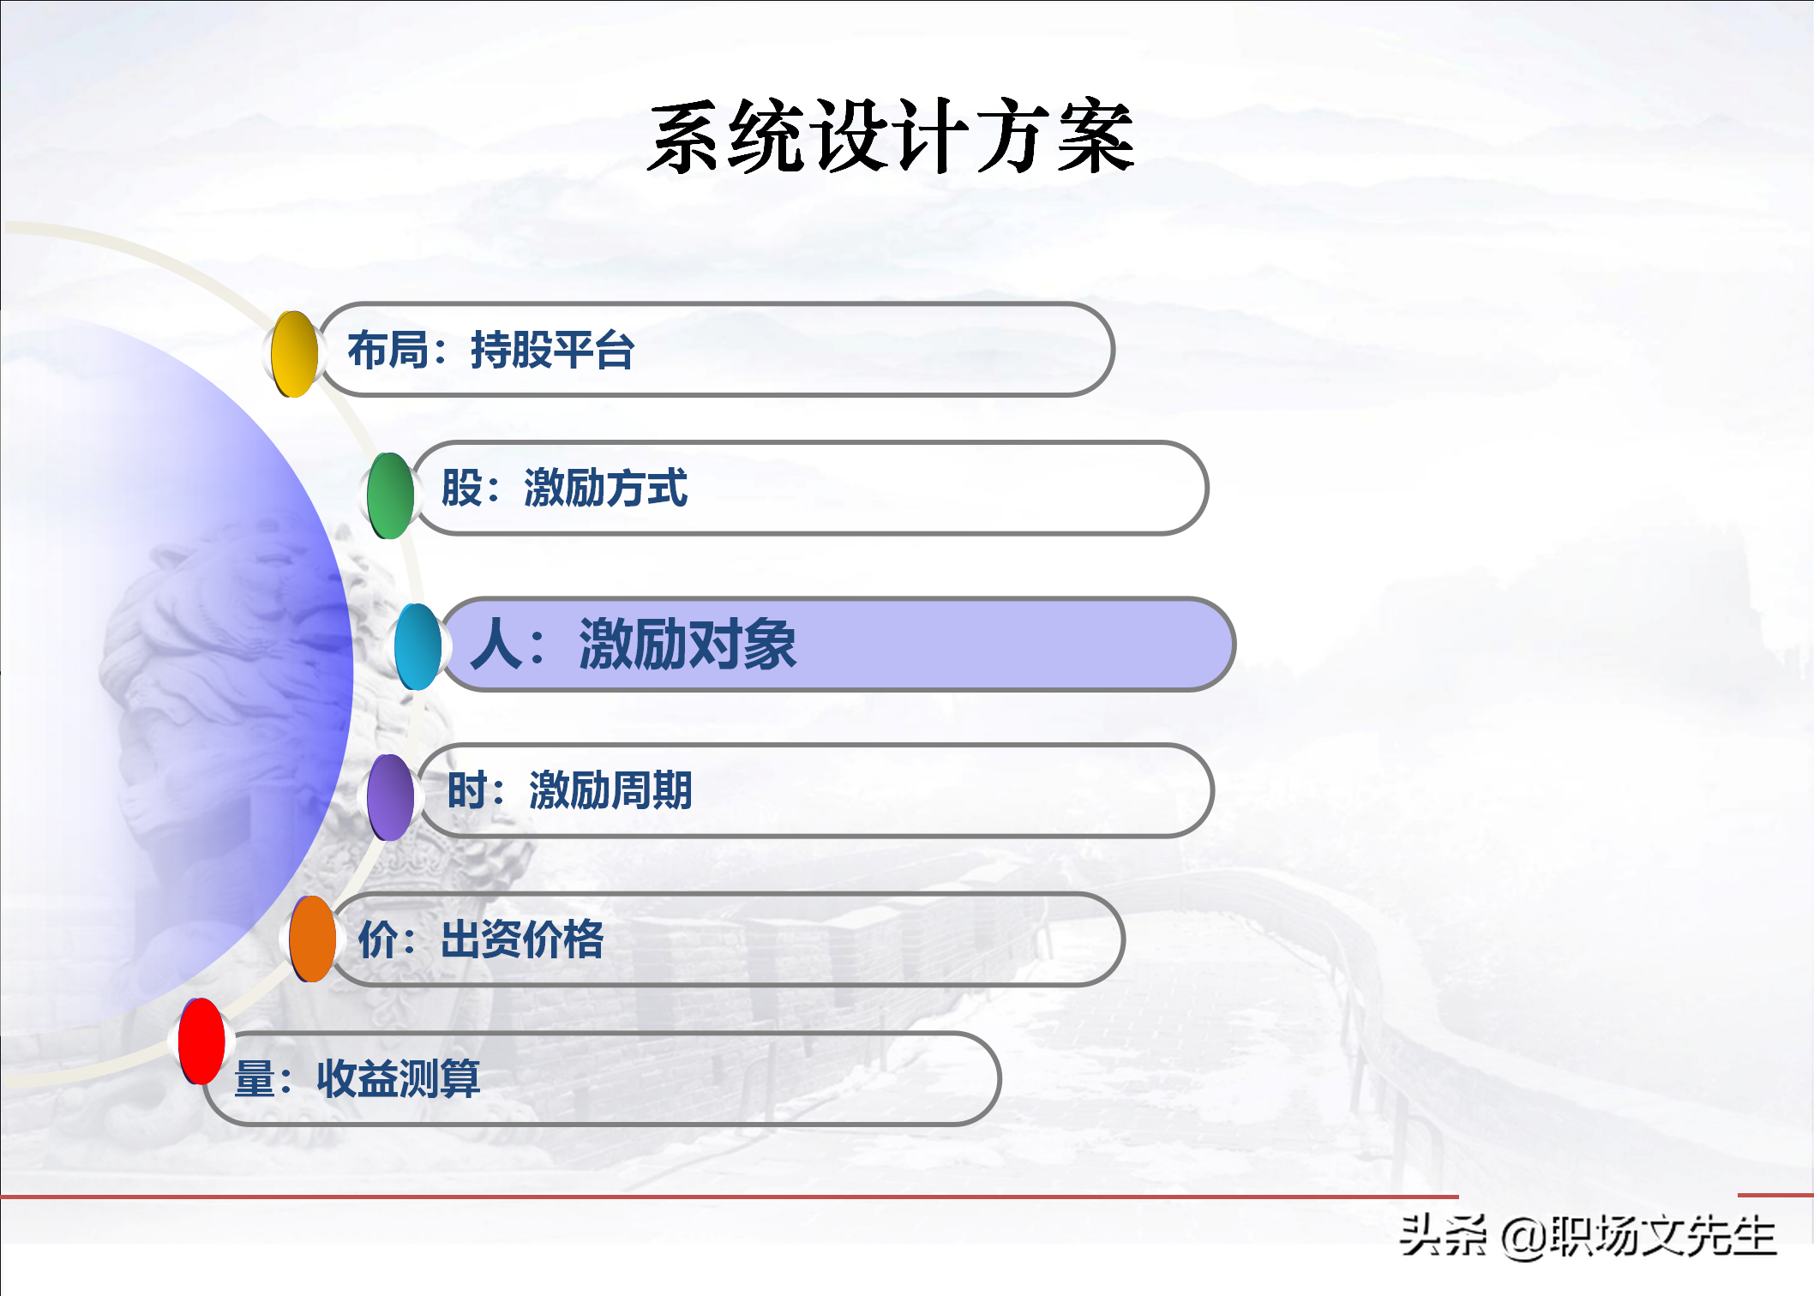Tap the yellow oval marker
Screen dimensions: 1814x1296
[294, 354]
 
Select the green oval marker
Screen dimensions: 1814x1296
[390, 495]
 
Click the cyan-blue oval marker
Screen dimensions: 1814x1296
[417, 646]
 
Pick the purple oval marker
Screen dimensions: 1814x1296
[390, 797]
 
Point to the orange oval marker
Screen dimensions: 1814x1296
[312, 939]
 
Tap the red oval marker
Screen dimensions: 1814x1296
[201, 1041]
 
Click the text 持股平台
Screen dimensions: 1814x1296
[552, 350]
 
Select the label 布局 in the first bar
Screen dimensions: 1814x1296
[387, 350]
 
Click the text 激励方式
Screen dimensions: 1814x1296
[605, 488]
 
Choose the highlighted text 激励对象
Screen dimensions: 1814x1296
[688, 644]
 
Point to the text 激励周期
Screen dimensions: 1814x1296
[610, 789]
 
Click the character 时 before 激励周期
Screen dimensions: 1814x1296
[467, 789]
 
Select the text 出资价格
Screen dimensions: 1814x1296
[522, 939]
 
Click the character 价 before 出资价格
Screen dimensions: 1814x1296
[378, 939]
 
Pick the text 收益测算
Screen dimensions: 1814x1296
[399, 1078]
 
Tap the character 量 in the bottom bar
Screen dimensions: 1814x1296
[255, 1078]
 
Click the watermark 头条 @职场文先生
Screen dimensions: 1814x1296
[1588, 1236]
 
